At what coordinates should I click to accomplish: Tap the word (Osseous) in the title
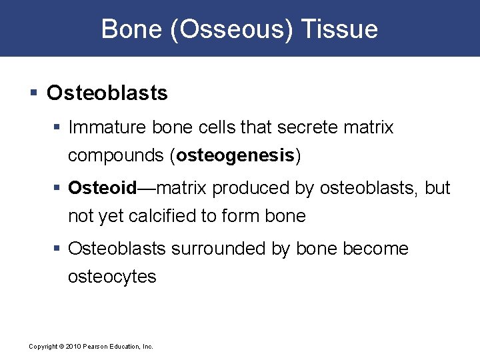click(x=232, y=29)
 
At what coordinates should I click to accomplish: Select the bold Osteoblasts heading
click(x=107, y=93)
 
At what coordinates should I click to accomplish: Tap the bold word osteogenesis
click(x=235, y=155)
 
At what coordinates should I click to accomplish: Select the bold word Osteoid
click(x=102, y=189)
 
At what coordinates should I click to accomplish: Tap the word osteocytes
click(x=112, y=277)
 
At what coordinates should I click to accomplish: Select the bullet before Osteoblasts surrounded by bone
click(x=58, y=249)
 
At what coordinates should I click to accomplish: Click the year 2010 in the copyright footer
click(x=72, y=347)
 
